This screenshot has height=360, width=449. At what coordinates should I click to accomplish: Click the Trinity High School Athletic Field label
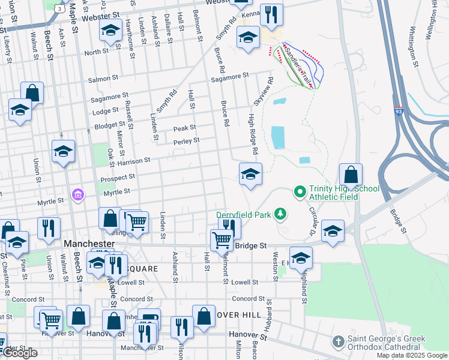[344, 193]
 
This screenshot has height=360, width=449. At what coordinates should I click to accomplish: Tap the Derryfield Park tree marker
[279, 214]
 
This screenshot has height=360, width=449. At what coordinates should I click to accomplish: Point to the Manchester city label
[89, 244]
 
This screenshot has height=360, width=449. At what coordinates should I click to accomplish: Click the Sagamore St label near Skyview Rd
[229, 76]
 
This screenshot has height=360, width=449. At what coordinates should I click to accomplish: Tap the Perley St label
[186, 141]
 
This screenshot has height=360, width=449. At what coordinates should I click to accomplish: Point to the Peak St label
[184, 128]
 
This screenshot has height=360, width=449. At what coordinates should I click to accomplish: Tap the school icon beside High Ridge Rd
[250, 175]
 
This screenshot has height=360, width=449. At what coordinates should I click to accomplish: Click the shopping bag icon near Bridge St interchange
[351, 175]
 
